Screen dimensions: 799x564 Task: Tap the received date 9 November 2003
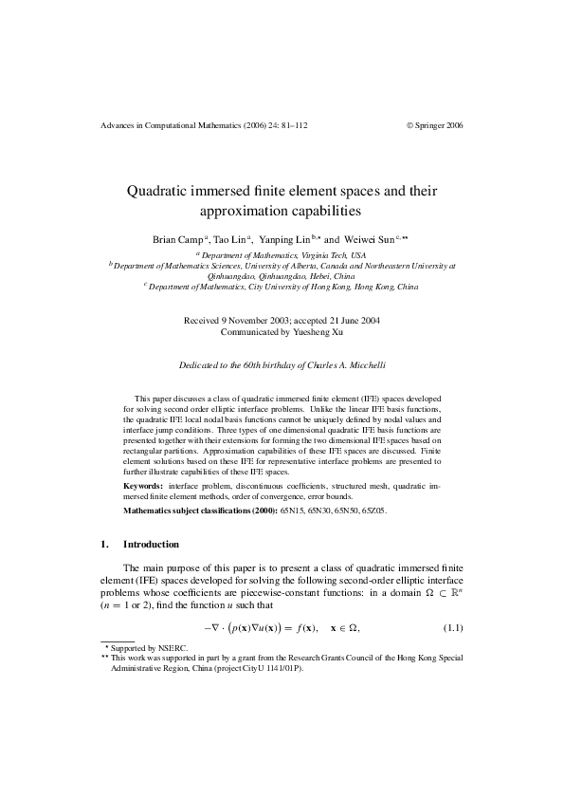[252, 321]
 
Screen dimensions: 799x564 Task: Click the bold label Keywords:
[143, 485]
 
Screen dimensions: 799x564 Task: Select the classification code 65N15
[293, 511]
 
